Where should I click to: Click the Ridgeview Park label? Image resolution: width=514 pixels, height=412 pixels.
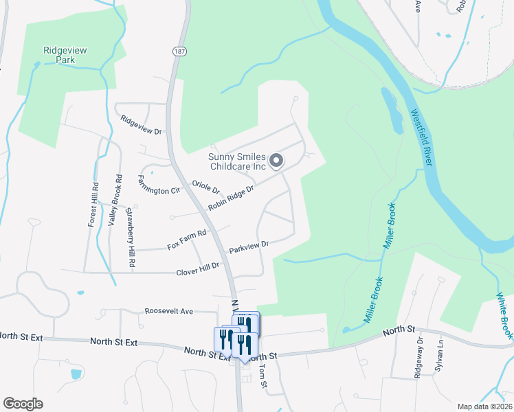coord(68,55)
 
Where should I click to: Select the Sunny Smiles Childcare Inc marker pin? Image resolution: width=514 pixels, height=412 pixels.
coord(276,161)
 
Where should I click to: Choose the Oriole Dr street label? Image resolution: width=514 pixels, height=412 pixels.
coord(205,187)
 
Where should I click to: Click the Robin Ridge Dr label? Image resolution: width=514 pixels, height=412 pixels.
coord(232,197)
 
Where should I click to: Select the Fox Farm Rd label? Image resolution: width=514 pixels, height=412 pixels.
coord(187,240)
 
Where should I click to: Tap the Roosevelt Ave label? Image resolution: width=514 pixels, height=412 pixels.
coord(169,311)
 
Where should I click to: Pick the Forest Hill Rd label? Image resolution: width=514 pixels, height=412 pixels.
coord(93,204)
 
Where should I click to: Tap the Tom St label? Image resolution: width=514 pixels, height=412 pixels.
coord(262,375)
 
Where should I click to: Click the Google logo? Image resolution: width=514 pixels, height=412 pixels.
coord(23,403)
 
